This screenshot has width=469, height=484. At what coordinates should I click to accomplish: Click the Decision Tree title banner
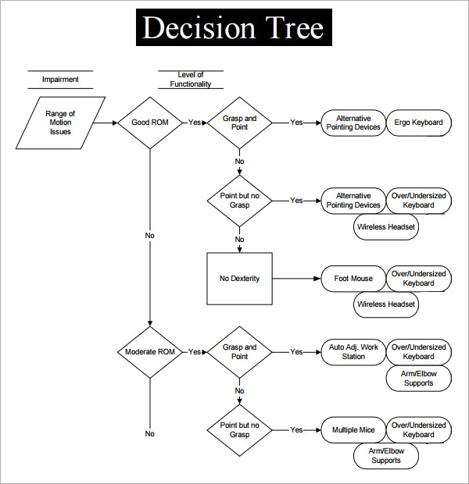point(234,27)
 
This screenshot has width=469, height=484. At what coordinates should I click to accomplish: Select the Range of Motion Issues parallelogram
point(61,123)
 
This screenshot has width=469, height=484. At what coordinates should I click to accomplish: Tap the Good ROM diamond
point(150,123)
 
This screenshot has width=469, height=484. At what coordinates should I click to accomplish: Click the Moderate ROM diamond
point(150,352)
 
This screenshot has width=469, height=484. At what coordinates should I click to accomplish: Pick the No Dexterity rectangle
point(240,279)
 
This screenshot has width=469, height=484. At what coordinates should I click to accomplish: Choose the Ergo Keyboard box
point(419,123)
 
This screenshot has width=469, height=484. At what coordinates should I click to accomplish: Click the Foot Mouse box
point(353,279)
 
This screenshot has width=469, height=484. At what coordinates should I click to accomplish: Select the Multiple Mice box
point(353,430)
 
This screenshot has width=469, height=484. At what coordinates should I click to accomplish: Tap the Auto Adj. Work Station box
point(353,352)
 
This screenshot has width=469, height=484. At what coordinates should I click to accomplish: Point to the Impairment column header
point(61,80)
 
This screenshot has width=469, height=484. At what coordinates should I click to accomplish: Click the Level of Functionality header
point(191,80)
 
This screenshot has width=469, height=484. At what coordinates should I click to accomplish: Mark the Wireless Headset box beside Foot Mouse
point(386,304)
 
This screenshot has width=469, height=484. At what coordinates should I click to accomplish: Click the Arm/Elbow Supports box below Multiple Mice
point(386,456)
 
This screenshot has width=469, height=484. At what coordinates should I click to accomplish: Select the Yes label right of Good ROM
point(195,123)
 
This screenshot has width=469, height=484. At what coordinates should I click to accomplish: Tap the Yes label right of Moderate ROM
point(195,352)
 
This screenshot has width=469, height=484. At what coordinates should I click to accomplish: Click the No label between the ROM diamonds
point(150,236)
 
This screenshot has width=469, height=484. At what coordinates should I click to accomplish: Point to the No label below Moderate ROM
point(150,434)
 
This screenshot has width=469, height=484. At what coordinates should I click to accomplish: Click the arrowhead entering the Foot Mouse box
point(317,279)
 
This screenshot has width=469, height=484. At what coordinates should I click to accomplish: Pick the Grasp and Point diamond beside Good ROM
point(240,123)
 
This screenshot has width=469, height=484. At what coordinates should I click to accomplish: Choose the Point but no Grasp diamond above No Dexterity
point(240,201)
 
